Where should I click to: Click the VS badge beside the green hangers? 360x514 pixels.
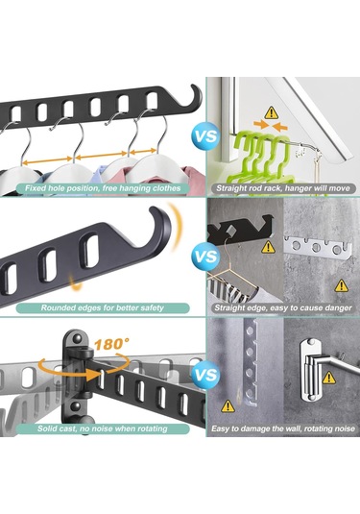[x=205, y=136]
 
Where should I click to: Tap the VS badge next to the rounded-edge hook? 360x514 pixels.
[x=205, y=256]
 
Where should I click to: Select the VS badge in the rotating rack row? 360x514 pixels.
[x=205, y=375]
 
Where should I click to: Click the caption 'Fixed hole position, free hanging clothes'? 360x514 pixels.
[x=103, y=188]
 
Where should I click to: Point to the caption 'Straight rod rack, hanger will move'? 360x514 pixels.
[x=283, y=188]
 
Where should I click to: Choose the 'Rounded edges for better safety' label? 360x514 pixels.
[x=103, y=307]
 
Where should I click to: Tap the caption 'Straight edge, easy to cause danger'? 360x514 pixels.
[x=283, y=307]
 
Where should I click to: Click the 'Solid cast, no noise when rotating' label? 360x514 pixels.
[x=102, y=428]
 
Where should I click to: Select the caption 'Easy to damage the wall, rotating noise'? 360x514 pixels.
[x=283, y=428]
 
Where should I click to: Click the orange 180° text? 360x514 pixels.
[x=110, y=345]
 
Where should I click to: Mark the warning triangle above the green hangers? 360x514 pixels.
[x=271, y=112]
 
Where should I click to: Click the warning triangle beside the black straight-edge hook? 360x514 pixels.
[x=268, y=247]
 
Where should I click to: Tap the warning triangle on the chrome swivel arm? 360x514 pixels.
[x=329, y=378]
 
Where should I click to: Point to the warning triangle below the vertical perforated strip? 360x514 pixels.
[x=228, y=406]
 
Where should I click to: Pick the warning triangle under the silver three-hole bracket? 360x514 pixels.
[x=342, y=285]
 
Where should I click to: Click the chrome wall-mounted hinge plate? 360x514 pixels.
[x=310, y=371]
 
